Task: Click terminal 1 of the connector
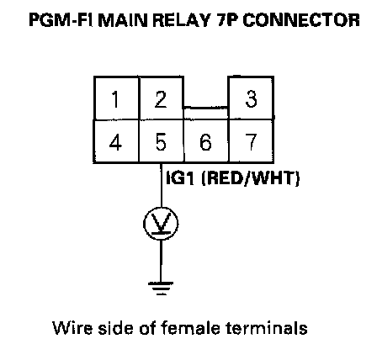(x=116, y=98)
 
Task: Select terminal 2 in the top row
(x=162, y=98)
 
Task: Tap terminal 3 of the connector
(x=252, y=98)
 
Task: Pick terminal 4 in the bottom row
(x=116, y=141)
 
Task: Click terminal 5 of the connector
(x=162, y=141)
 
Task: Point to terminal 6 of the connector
(x=206, y=141)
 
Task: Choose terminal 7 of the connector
(x=252, y=141)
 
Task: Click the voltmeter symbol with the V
(x=161, y=224)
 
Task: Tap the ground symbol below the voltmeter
(x=161, y=289)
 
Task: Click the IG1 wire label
(x=180, y=178)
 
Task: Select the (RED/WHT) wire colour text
(x=251, y=178)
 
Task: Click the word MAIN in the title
(x=123, y=20)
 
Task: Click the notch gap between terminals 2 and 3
(x=206, y=92)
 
